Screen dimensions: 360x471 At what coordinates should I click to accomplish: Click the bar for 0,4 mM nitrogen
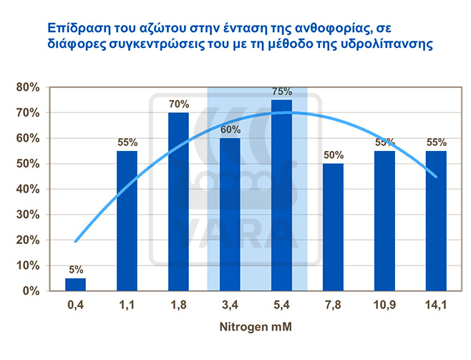coord(75,284)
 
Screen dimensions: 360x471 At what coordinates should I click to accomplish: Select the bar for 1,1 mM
coord(127,220)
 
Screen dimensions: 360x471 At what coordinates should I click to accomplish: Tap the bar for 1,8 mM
coord(178,202)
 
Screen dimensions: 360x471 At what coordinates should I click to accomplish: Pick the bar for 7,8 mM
coord(333,227)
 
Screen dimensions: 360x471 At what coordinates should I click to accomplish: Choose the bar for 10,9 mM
coord(384,220)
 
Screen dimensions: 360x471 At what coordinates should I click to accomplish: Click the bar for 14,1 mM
coord(436,220)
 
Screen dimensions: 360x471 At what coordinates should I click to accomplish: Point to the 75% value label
coord(282,92)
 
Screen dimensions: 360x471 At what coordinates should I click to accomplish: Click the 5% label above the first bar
coord(76,270)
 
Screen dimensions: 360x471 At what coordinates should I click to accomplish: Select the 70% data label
coord(178,104)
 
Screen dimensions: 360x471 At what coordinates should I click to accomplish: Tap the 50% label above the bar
coord(334,155)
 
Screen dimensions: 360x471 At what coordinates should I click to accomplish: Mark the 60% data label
coord(230,130)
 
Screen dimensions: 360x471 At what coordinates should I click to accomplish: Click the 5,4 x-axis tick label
coord(281,305)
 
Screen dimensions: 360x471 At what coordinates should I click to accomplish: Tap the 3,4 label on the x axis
coord(230,305)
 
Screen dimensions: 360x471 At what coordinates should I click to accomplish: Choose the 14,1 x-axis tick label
coord(436,305)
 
